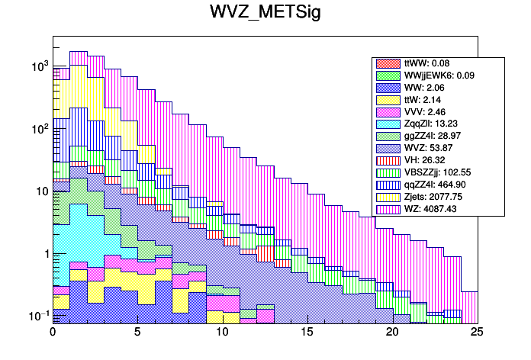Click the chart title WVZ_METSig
tap(265, 14)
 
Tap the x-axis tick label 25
tap(477, 333)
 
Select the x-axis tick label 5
tap(137, 333)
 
